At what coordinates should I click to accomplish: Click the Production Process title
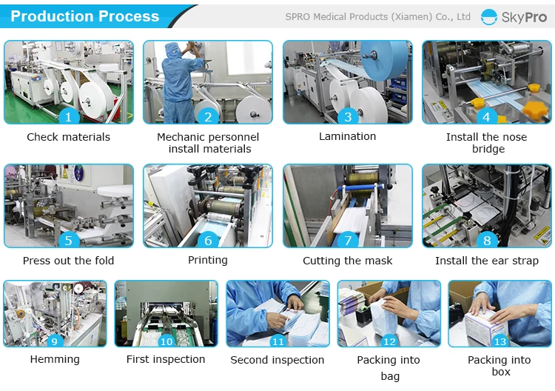tap(85, 16)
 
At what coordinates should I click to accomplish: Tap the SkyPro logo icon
tap(488, 17)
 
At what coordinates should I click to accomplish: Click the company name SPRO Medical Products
tap(377, 16)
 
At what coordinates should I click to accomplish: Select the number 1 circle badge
tap(69, 116)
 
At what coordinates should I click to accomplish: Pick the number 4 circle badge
tap(486, 116)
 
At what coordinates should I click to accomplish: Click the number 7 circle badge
tap(347, 240)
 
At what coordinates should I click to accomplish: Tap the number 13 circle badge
tap(500, 341)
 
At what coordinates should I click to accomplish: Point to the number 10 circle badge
tap(166, 341)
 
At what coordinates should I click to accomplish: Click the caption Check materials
tap(68, 137)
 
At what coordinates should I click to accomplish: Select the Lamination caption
tap(347, 136)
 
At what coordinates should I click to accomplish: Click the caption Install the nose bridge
tap(486, 143)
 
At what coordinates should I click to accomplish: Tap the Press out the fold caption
tap(68, 261)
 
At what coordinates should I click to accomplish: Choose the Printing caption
tap(208, 260)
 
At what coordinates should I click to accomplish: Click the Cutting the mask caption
tap(347, 261)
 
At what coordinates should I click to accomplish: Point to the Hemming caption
tap(55, 359)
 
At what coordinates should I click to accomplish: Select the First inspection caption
tap(166, 359)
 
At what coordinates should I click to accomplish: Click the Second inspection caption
tap(277, 360)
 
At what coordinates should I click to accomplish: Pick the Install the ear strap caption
tap(486, 261)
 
